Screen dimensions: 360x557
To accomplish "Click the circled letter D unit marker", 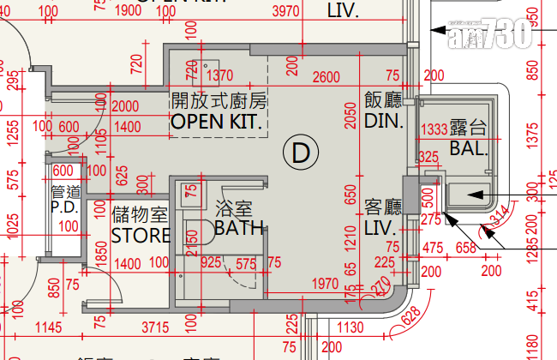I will (300, 153).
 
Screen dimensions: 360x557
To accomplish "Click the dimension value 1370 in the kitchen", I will (219, 76).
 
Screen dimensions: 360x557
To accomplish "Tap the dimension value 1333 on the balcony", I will (435, 130).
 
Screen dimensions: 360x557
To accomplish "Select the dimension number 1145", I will (51, 327).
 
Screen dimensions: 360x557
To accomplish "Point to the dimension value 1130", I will (351, 327).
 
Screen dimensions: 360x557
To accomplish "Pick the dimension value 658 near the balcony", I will (464, 249).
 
